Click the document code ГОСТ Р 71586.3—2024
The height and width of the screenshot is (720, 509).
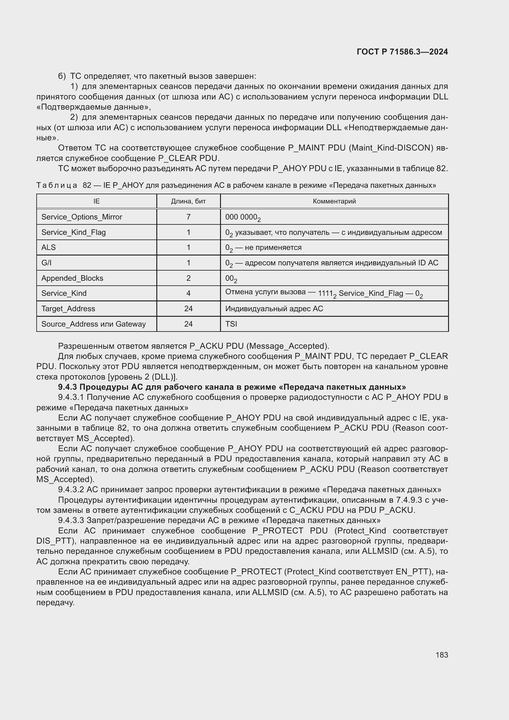(x=402, y=52)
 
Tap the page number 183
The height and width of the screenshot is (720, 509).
(x=442, y=655)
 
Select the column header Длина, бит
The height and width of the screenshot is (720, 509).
(x=188, y=201)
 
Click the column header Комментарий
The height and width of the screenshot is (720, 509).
(x=334, y=201)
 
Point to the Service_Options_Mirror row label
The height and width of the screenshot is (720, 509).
(x=82, y=217)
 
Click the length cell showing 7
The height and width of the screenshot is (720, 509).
(x=188, y=217)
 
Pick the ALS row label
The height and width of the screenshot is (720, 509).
(x=49, y=247)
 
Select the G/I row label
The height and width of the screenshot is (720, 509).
(x=46, y=263)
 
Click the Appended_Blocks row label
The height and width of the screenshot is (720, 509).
(x=72, y=278)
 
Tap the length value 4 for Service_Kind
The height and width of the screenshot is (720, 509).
(x=188, y=294)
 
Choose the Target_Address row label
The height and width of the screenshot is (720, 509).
(x=68, y=309)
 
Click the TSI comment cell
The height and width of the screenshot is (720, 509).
(x=231, y=324)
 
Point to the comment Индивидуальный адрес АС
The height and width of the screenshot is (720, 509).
(x=274, y=309)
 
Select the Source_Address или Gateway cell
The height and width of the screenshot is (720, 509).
(x=94, y=324)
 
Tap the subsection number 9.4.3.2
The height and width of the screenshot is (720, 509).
(x=71, y=489)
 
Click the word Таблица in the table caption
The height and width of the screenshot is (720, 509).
(x=56, y=185)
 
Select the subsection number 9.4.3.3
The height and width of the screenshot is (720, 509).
(x=71, y=520)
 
